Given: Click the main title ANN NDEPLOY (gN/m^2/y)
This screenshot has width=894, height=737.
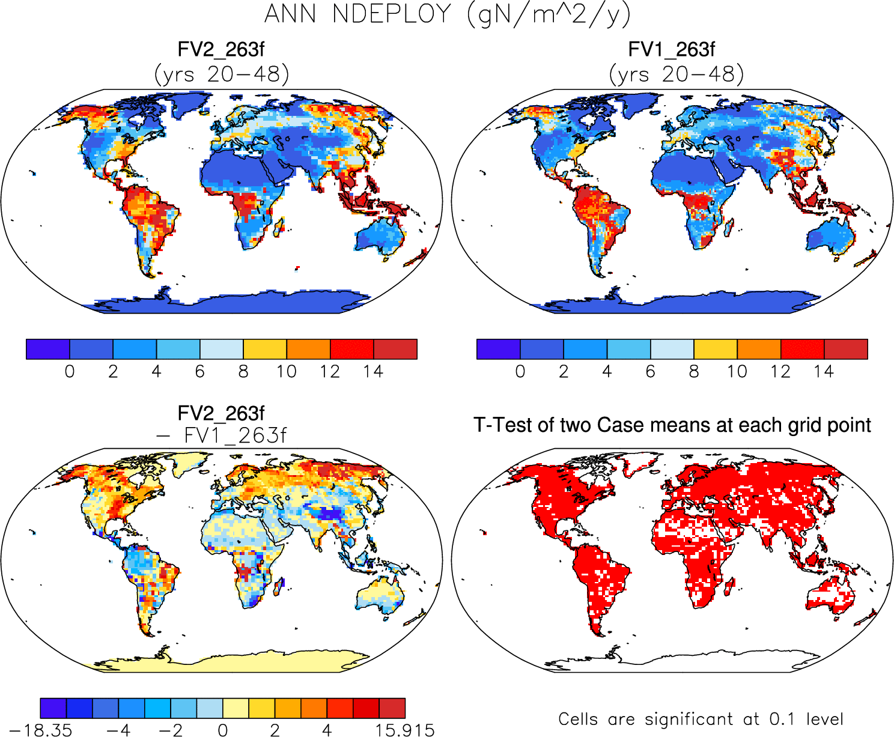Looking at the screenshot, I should [448, 14].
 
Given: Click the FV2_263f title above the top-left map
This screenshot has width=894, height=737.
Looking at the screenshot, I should [221, 49].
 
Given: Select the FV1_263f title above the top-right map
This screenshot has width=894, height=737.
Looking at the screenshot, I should [671, 49].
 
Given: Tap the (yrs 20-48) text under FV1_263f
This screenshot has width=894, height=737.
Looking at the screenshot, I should [677, 74].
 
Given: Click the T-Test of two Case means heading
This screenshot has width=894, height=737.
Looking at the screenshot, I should [672, 425].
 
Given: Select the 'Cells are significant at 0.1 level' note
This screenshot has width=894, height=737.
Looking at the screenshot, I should [701, 719].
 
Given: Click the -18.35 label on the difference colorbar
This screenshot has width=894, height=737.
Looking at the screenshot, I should [41, 730].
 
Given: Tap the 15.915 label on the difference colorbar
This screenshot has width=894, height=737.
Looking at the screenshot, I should [405, 730].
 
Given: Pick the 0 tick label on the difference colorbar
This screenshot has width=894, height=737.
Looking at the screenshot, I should [223, 730].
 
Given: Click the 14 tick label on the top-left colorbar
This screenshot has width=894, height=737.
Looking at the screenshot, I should [373, 372].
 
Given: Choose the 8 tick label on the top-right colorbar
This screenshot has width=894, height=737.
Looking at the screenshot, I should [694, 372].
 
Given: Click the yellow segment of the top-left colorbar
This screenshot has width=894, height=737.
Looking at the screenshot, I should [265, 349].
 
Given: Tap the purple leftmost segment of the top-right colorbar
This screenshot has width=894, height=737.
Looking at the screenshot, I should [498, 349].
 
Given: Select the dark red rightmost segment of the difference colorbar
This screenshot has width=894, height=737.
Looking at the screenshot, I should [392, 708].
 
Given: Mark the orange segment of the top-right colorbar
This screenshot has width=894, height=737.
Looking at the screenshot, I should [759, 349].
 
